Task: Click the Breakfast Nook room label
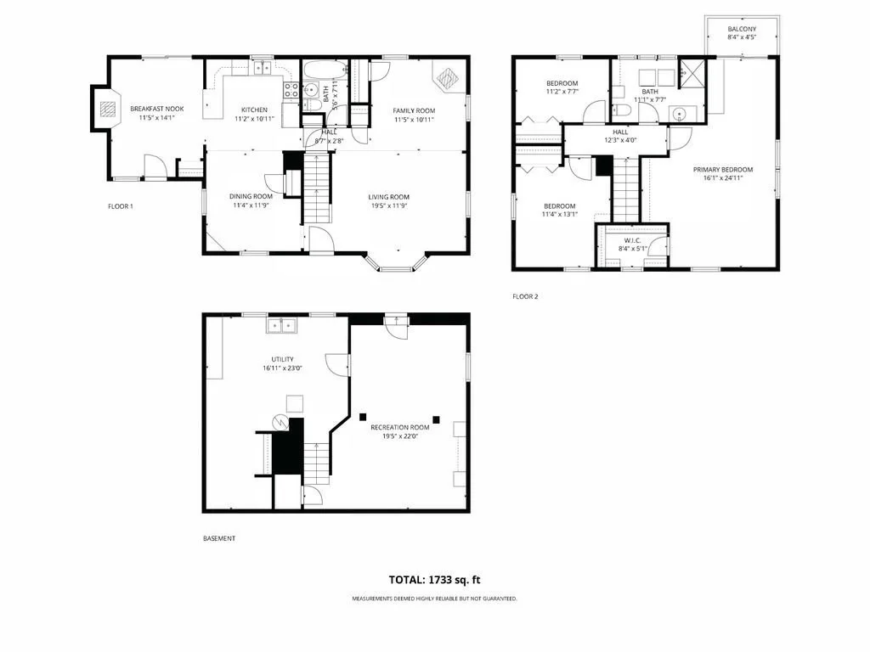coord(157,109)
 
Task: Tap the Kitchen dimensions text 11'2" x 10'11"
coord(254,119)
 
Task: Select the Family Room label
coord(414,110)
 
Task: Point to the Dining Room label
coord(251,196)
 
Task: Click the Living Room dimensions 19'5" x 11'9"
coord(389,205)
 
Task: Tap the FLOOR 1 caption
coord(121,206)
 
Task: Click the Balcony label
coord(742,29)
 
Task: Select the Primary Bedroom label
coord(723,170)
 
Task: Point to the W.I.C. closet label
coord(632,240)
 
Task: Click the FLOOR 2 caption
coord(525,296)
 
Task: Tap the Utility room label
coord(282,359)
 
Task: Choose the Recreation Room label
coord(400,428)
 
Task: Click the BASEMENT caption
coord(219,538)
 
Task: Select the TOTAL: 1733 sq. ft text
coord(434,580)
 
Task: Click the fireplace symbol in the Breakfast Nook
coord(108,110)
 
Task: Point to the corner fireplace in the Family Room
coord(447,77)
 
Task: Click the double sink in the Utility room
coord(281,325)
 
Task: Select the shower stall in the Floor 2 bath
coord(692,73)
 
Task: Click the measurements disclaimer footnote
coord(434,599)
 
